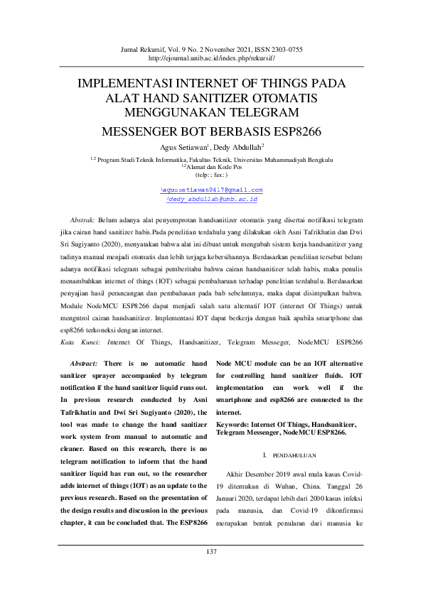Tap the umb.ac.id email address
click(x=212, y=200)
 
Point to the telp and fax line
click(x=211, y=175)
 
